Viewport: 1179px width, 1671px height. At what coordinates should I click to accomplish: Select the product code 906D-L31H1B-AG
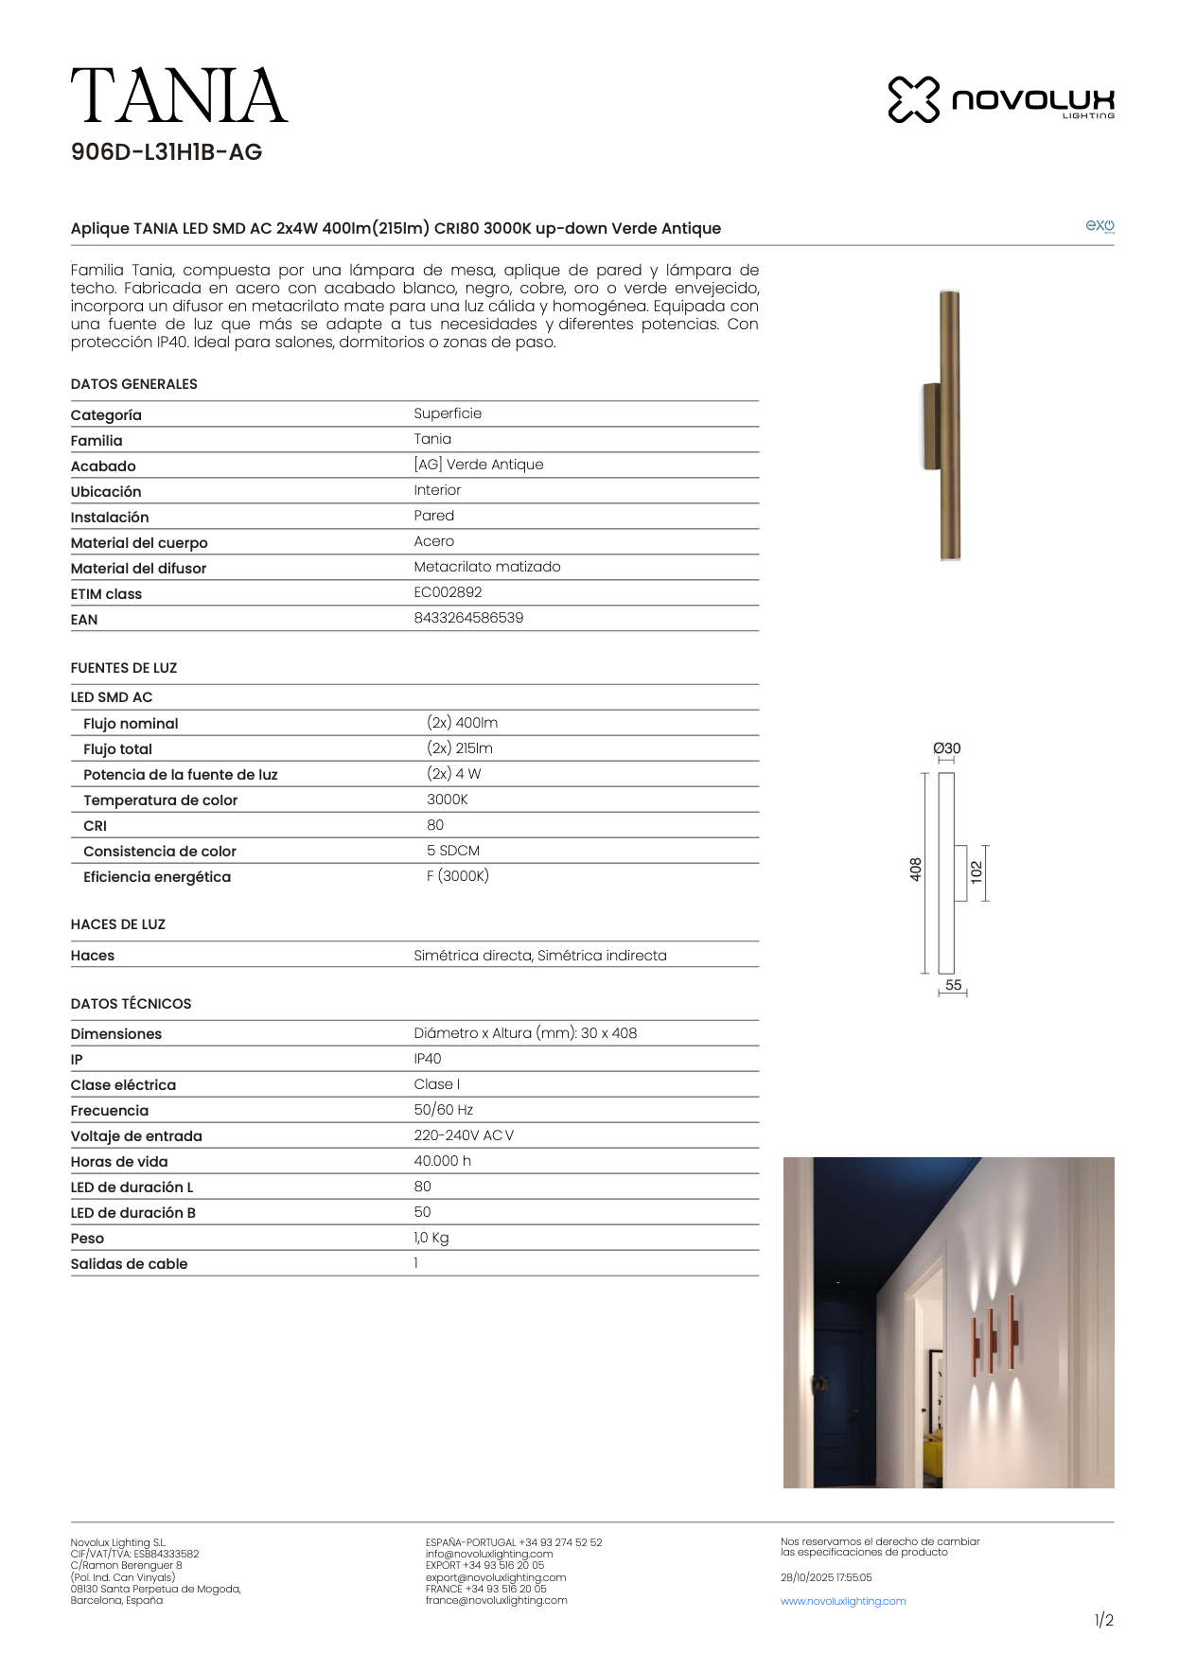tap(167, 152)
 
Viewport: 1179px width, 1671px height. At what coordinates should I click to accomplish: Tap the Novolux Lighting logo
tap(1000, 99)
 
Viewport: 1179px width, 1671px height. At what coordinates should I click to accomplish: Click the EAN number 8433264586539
tap(468, 618)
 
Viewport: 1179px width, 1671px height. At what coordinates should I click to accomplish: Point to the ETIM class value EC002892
tap(448, 592)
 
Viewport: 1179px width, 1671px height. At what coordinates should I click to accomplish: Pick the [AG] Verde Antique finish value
tap(479, 465)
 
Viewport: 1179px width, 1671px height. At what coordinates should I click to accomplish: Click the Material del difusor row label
tap(138, 569)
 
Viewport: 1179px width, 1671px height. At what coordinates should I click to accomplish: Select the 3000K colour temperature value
tap(448, 800)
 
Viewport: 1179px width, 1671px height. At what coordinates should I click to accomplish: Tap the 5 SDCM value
tap(453, 851)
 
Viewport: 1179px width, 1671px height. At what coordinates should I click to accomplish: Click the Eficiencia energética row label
tap(157, 877)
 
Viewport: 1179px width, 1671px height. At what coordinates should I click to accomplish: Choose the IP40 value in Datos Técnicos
tap(428, 1059)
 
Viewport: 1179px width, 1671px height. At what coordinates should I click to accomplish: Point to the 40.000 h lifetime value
tap(442, 1161)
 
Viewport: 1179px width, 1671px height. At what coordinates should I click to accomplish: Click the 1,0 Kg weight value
tap(431, 1238)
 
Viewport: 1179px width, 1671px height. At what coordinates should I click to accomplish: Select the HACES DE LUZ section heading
tap(118, 924)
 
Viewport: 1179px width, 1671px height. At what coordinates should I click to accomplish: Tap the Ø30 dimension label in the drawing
tap(947, 748)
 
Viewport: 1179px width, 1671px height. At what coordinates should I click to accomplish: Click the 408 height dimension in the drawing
tap(916, 870)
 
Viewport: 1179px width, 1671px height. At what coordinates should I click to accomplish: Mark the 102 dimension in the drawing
tap(977, 871)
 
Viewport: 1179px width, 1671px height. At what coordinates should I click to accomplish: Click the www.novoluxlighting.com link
tap(843, 1601)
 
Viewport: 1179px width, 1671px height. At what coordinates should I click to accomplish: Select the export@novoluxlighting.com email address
tap(496, 1577)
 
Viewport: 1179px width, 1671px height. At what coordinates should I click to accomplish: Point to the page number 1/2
tap(1103, 1621)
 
